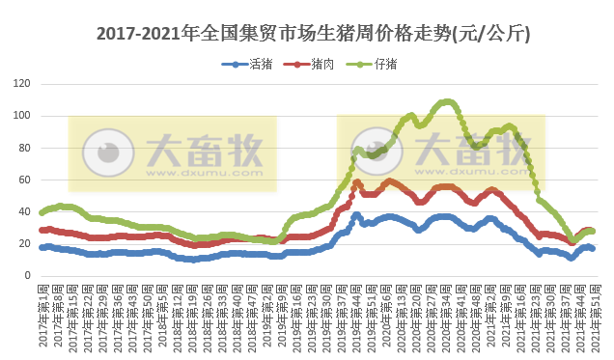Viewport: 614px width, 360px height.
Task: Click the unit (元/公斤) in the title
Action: click(x=488, y=34)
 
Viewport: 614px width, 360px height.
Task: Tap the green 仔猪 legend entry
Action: click(x=382, y=64)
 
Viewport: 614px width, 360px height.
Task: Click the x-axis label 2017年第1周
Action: click(x=42, y=314)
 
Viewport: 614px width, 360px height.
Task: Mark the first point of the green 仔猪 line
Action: click(x=41, y=212)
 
